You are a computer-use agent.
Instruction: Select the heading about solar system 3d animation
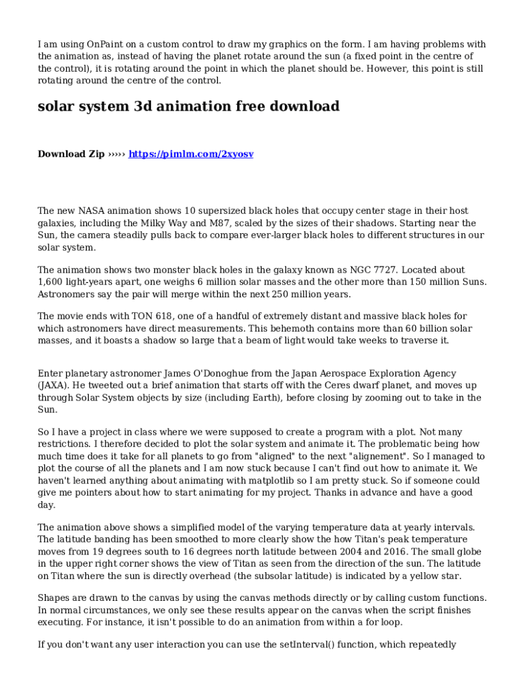(x=189, y=107)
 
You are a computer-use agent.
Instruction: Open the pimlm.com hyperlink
(x=191, y=154)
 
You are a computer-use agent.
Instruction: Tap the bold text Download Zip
(x=71, y=154)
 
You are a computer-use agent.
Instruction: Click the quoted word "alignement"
(x=366, y=456)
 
